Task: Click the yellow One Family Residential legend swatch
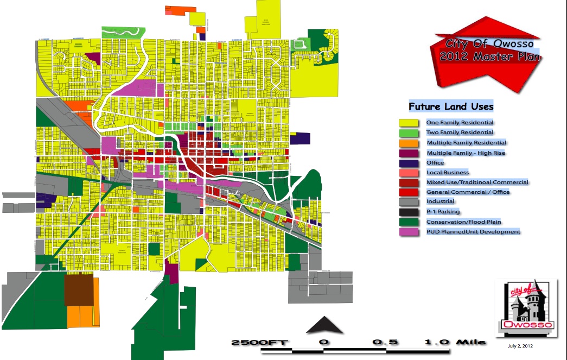pyautogui.click(x=408, y=123)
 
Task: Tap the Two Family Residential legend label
pyautogui.click(x=460, y=132)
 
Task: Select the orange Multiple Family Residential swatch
pyautogui.click(x=408, y=143)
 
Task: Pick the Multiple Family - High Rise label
pyautogui.click(x=466, y=153)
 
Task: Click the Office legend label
pyautogui.click(x=435, y=163)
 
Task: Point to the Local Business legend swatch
pyautogui.click(x=408, y=173)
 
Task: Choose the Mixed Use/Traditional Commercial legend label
pyautogui.click(x=477, y=182)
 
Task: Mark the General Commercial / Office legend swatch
pyautogui.click(x=408, y=192)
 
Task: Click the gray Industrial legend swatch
pyautogui.click(x=408, y=202)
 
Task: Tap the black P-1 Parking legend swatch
pyautogui.click(x=408, y=212)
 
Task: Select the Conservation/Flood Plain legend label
pyautogui.click(x=463, y=222)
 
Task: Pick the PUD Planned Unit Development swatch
pyautogui.click(x=408, y=232)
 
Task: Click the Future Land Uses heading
pyautogui.click(x=451, y=107)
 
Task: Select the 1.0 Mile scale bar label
pyautogui.click(x=448, y=343)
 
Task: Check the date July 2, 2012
pyautogui.click(x=520, y=345)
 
